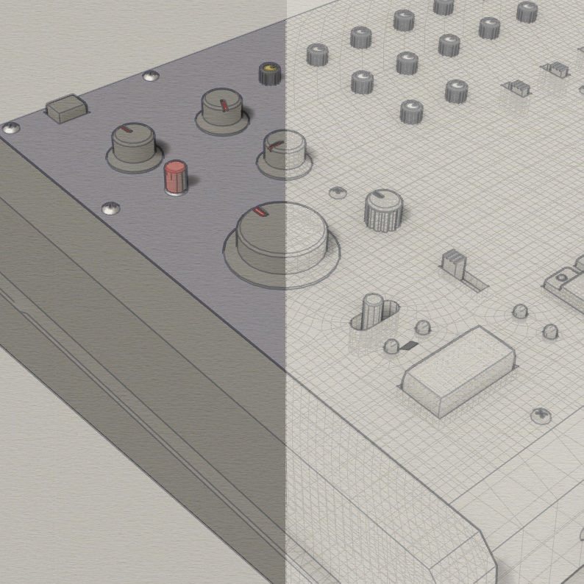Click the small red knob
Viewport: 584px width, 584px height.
(176, 177)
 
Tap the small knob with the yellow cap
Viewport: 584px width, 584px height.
(269, 74)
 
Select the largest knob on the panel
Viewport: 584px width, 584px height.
(282, 239)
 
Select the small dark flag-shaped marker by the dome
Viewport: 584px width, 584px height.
(408, 346)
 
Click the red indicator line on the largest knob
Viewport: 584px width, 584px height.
(257, 212)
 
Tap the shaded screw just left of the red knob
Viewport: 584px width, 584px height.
(110, 209)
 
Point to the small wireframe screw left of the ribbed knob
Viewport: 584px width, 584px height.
(338, 193)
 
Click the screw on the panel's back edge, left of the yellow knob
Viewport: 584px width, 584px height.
(150, 76)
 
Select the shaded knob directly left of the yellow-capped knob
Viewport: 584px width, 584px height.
(222, 111)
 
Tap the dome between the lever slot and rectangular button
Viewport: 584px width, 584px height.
(423, 327)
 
